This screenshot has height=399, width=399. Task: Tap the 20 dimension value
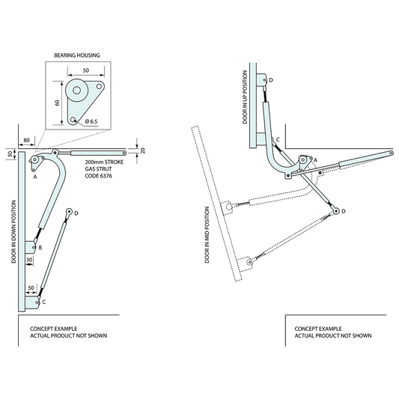[142, 150]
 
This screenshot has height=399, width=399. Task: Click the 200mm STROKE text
[103, 162]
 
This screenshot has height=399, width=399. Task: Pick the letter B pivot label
[40, 246]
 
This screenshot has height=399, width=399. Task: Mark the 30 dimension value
[29, 260]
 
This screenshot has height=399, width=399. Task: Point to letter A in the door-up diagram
[315, 160]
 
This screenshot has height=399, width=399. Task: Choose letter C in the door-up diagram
[278, 139]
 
